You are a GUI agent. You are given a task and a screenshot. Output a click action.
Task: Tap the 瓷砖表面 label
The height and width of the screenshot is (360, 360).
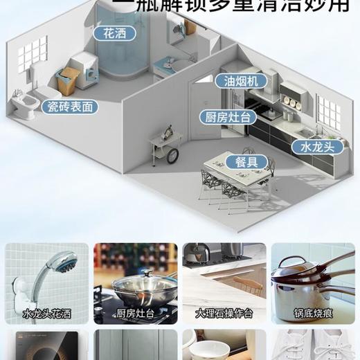pos(69,107)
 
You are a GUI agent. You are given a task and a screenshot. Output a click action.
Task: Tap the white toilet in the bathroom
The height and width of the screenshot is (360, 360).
pos(22,105)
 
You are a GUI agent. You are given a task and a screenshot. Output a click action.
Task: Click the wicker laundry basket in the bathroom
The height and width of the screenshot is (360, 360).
pos(68,82)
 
